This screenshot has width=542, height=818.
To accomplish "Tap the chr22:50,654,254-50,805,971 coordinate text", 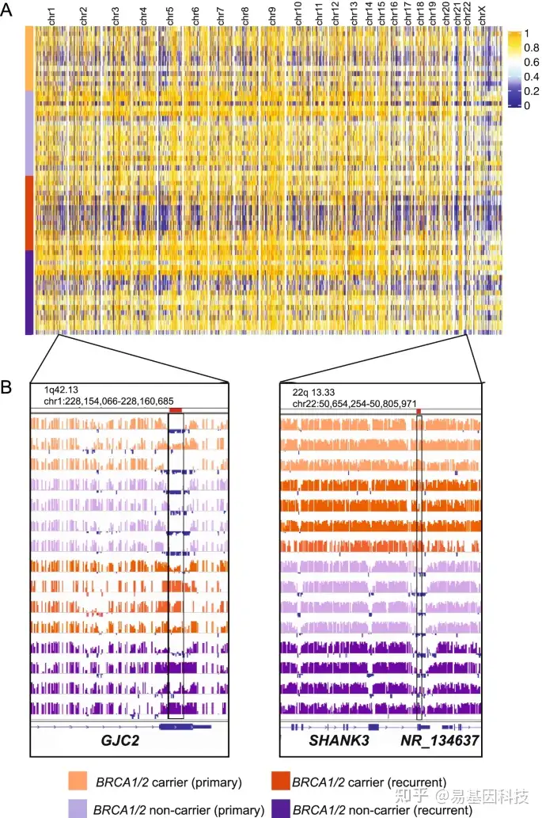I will tap(354, 404).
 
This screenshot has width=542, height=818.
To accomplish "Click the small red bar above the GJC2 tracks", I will tap(176, 409).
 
